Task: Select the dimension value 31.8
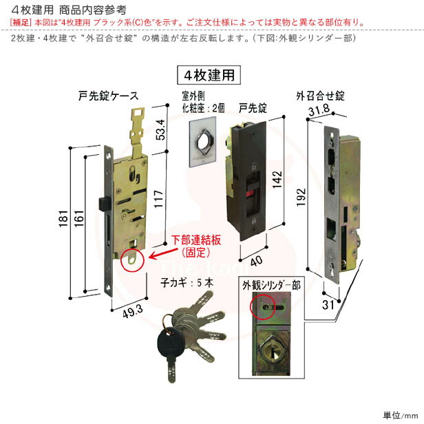coord(318,112)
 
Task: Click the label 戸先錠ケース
coord(109,96)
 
